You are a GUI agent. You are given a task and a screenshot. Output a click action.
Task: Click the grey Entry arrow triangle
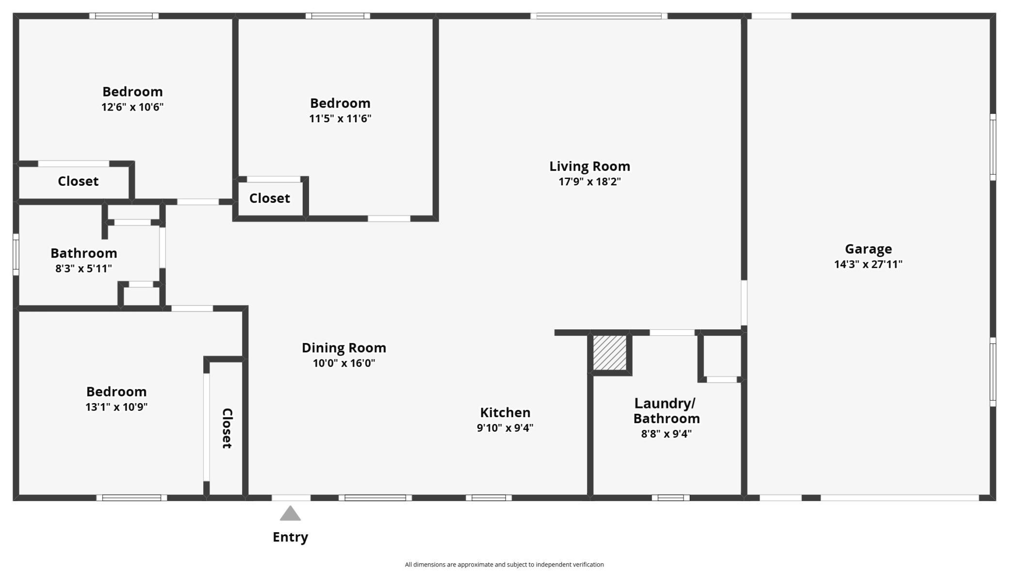pyautogui.click(x=290, y=513)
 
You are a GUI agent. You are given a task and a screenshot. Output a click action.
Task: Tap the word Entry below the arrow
pyautogui.click(x=290, y=537)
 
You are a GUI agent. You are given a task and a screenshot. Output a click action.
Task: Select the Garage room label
pyautogui.click(x=868, y=249)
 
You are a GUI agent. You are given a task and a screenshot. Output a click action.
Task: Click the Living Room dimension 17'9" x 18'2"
pyautogui.click(x=589, y=181)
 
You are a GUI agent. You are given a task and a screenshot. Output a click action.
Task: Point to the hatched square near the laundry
pyautogui.click(x=610, y=353)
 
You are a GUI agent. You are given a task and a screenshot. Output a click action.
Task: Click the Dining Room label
pyautogui.click(x=344, y=348)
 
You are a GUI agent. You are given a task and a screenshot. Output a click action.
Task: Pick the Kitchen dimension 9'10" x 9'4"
pyautogui.click(x=505, y=427)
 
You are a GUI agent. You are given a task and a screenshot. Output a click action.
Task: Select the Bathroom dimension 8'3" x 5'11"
pyautogui.click(x=83, y=268)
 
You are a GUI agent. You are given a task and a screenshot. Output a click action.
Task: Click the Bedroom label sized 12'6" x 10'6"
pyautogui.click(x=132, y=92)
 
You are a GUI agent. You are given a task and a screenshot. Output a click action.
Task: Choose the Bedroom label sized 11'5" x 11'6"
pyautogui.click(x=340, y=103)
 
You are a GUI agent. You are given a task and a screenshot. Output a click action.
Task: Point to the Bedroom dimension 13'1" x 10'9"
pyautogui.click(x=116, y=407)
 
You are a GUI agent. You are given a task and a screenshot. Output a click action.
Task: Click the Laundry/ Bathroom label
pyautogui.click(x=667, y=410)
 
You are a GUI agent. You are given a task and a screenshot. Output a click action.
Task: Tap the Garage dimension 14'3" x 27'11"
pyautogui.click(x=868, y=264)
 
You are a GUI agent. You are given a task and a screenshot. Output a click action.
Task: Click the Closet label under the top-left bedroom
pyautogui.click(x=78, y=181)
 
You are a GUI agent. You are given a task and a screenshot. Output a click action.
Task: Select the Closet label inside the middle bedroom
pyautogui.click(x=270, y=198)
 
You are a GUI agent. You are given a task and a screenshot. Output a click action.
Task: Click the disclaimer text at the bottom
pyautogui.click(x=504, y=564)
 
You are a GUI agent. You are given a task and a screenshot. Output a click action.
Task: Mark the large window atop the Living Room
pyautogui.click(x=599, y=16)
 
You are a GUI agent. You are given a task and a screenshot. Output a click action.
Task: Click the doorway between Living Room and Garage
pyautogui.click(x=744, y=303)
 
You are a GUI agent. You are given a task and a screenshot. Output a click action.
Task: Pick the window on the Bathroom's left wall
pyautogui.click(x=16, y=255)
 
